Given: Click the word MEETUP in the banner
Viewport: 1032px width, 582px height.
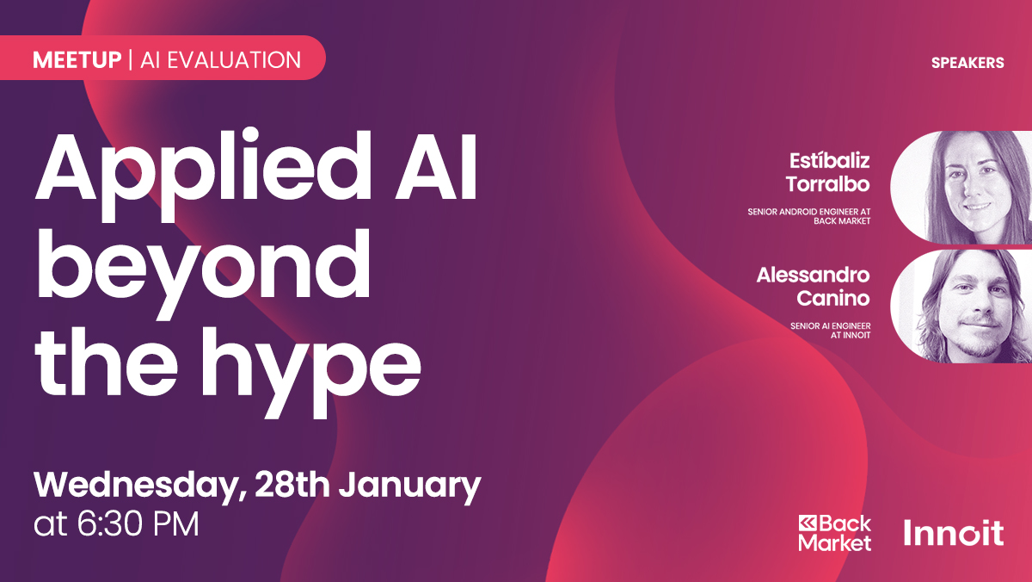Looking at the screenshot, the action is click(x=77, y=60).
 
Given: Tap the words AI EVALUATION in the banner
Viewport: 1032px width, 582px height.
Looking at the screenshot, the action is click(x=221, y=60).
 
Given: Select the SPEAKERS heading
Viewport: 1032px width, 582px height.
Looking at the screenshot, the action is click(x=967, y=63).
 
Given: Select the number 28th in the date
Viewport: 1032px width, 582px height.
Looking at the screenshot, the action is click(x=292, y=484).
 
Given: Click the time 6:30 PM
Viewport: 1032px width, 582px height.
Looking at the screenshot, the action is click(x=138, y=524).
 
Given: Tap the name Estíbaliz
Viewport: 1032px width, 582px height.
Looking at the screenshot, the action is click(x=829, y=161).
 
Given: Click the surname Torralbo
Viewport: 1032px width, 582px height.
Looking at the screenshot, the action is click(x=827, y=184).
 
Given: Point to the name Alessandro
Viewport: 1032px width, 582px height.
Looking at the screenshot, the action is click(x=814, y=276).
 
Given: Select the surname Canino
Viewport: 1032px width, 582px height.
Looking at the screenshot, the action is click(x=833, y=298).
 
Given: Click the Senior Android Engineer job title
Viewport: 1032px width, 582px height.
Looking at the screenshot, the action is click(x=809, y=216).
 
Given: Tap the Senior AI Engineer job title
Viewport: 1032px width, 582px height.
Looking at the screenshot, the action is click(x=830, y=331).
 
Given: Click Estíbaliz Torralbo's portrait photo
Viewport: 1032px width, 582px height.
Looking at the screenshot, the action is click(x=961, y=187).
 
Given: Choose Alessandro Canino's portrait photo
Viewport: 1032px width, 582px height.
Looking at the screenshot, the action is click(x=961, y=306).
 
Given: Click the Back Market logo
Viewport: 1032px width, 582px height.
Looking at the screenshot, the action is click(x=835, y=533).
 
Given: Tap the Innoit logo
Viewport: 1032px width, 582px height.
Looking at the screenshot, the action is click(x=954, y=533).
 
